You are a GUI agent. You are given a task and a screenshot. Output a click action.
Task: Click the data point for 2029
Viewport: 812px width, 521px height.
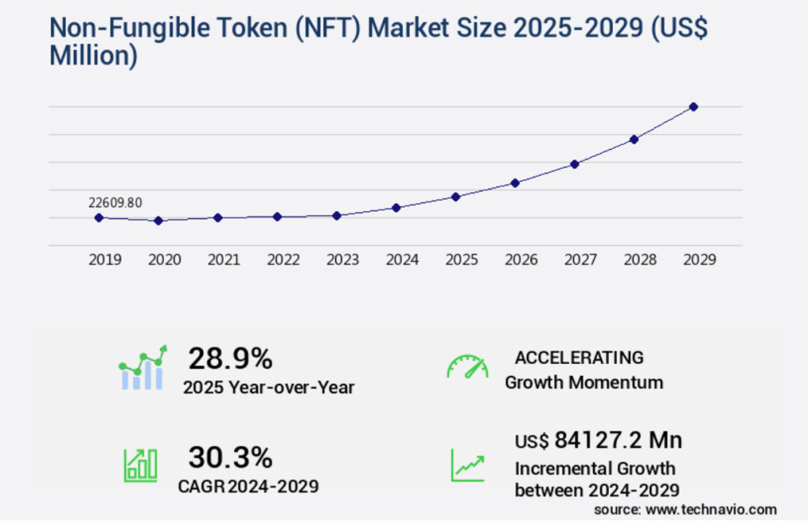point(693,106)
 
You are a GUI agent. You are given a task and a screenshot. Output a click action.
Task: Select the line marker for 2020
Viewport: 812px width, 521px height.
point(159,220)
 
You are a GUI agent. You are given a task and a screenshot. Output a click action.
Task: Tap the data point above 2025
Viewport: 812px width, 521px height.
point(456,197)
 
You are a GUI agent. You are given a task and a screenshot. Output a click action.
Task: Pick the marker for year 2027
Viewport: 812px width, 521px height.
point(575,164)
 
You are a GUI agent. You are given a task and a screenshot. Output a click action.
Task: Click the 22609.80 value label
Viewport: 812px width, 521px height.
point(115,203)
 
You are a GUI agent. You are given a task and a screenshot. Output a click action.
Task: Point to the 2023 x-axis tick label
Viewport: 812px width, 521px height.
point(343,259)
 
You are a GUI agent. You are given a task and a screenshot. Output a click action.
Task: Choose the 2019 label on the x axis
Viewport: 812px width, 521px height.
point(105,259)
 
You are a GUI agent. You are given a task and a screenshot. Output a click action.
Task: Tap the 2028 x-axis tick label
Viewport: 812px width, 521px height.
point(640,259)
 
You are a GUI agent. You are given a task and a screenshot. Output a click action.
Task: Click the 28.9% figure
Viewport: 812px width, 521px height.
point(230,359)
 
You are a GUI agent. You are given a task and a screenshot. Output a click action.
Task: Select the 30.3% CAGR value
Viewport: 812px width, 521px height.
point(230,458)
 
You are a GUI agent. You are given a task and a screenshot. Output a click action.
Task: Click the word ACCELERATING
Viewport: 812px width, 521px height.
point(579,357)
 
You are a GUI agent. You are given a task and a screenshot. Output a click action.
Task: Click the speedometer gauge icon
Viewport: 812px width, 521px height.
point(467,367)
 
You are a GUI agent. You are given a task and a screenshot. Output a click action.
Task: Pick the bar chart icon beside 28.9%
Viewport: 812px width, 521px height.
point(143,368)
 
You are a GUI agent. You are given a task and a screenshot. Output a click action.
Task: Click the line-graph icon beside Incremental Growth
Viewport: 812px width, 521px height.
point(468,465)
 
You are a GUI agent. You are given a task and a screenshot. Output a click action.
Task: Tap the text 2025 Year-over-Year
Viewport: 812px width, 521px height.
point(268,388)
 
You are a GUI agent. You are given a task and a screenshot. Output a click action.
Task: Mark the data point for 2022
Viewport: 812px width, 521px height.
point(278,216)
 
